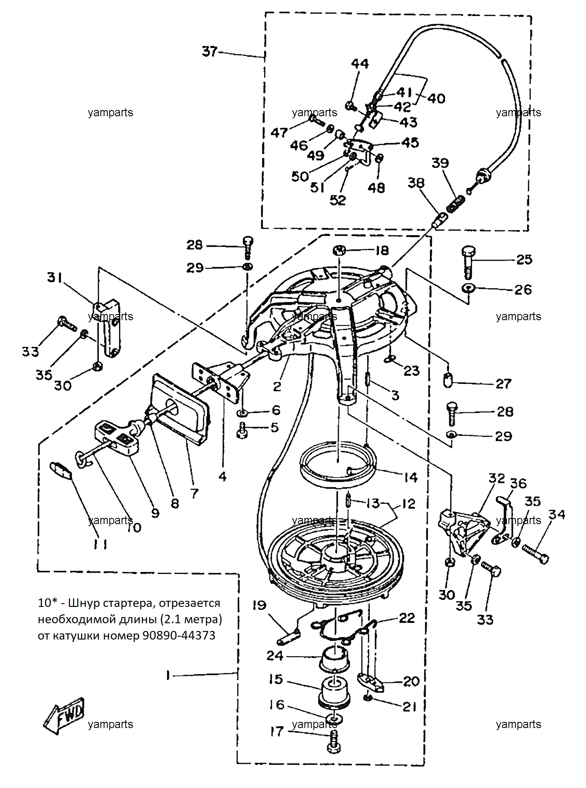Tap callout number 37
pos(210,51)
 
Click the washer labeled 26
pos(468,288)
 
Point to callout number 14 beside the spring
pos(411,477)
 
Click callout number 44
pos(360,64)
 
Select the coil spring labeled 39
pos(456,204)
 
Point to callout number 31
pos(55,277)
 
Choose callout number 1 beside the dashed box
pos(168,675)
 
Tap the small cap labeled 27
pos(448,381)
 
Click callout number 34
pos(557,514)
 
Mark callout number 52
pos(338,200)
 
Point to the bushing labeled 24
pos(335,660)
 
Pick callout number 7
pos(194,494)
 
